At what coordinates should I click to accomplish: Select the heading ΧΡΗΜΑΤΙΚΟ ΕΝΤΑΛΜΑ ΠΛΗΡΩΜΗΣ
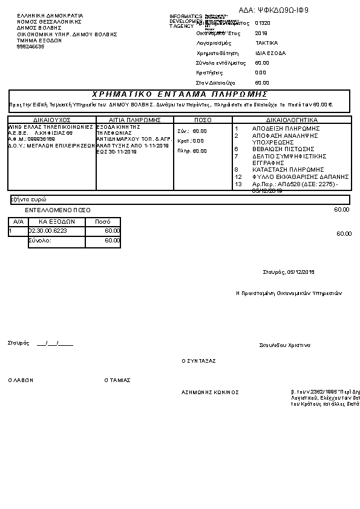[x=180, y=94]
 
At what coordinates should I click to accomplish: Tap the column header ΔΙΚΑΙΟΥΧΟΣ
[x=52, y=120]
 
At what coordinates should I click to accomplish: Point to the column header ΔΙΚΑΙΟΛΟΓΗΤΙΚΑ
[x=292, y=120]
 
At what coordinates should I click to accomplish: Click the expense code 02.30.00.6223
[x=48, y=230]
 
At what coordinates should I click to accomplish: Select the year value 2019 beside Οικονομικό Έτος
[x=261, y=33]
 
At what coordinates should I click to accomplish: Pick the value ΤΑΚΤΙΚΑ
[x=266, y=44]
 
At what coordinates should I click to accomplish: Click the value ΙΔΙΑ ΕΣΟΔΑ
[x=270, y=53]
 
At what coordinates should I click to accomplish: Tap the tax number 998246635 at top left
[x=30, y=47]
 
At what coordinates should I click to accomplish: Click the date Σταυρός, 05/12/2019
[x=289, y=271]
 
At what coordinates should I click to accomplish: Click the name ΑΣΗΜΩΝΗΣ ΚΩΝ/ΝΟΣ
[x=210, y=392]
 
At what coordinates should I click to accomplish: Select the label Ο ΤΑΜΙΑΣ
[x=117, y=380]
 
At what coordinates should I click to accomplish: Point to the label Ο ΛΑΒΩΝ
[x=21, y=380]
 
